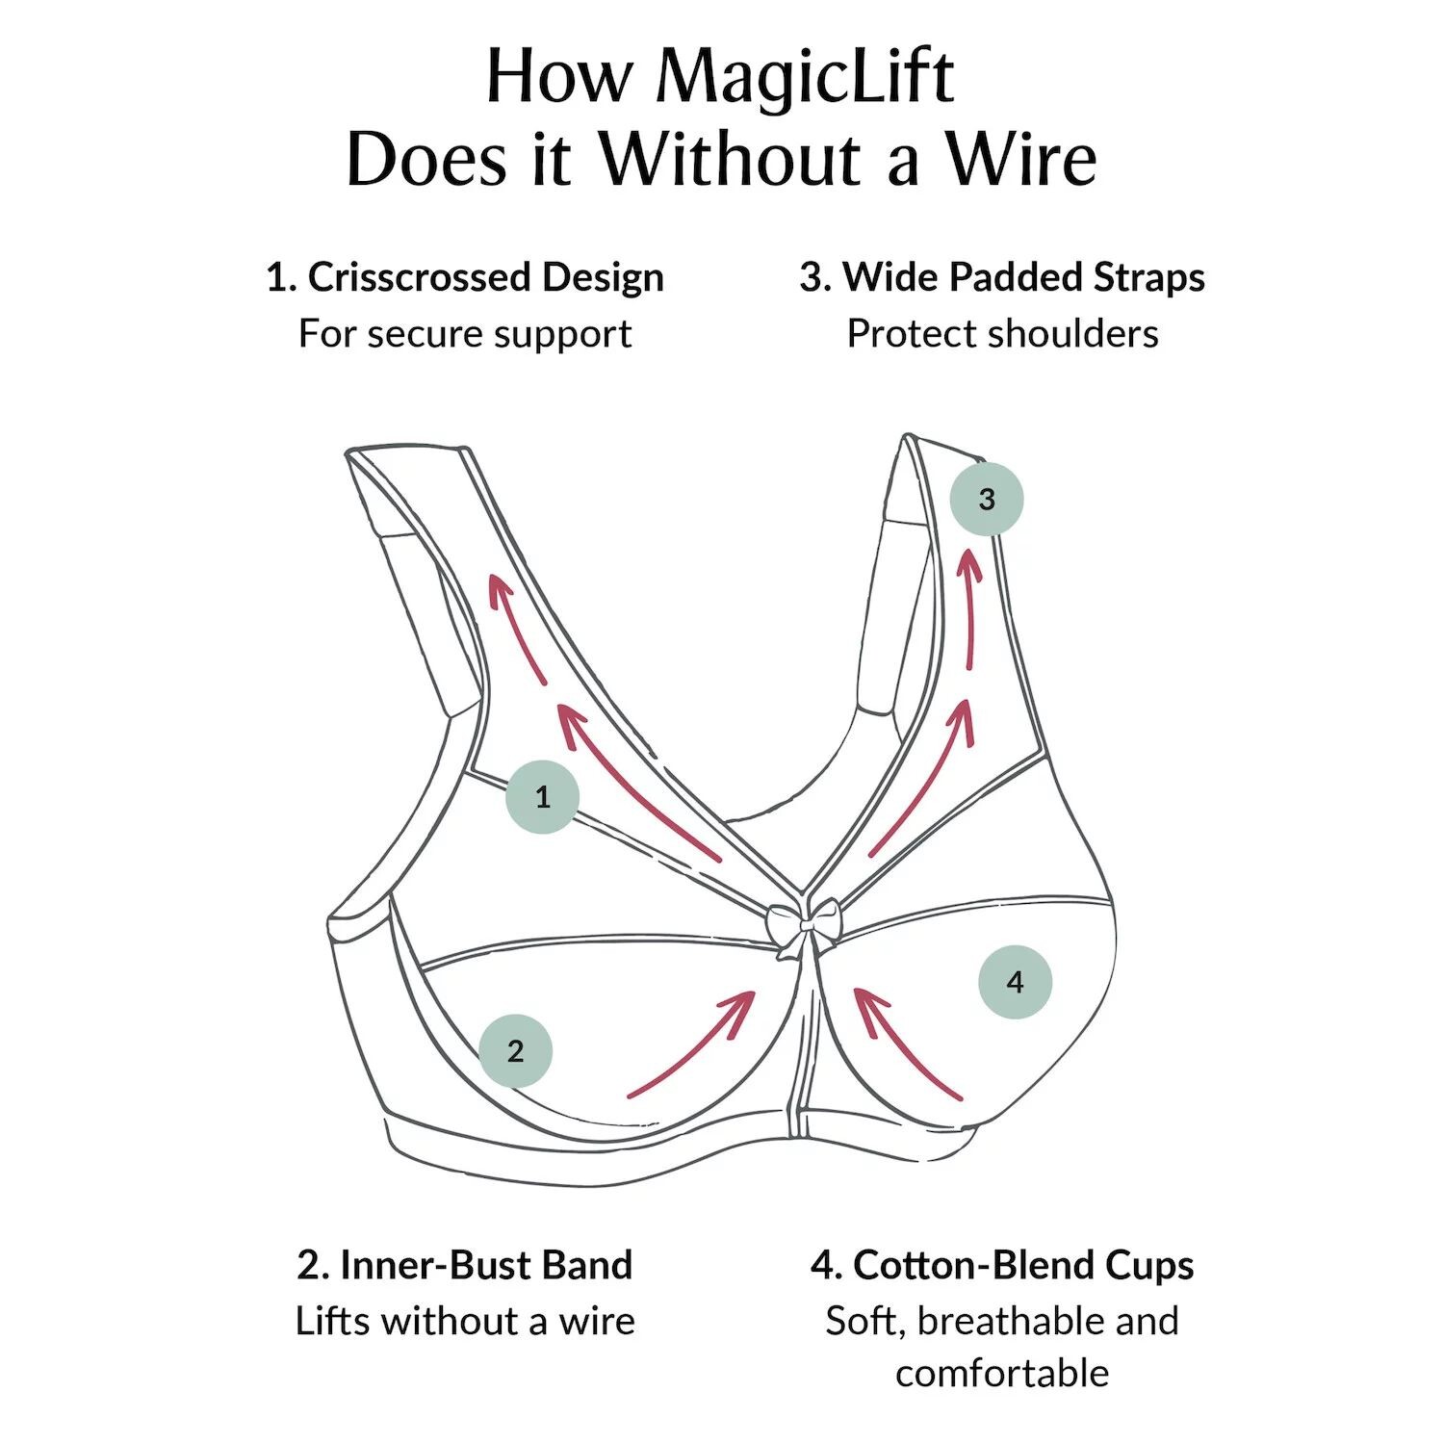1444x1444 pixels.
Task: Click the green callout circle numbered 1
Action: click(x=543, y=796)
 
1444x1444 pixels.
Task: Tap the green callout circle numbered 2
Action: click(x=516, y=1050)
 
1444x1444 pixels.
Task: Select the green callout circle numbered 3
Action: click(x=986, y=499)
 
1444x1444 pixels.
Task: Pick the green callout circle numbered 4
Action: click(x=1015, y=982)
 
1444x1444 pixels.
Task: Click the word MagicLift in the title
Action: click(x=805, y=77)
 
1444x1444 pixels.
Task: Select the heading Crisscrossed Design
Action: click(x=465, y=277)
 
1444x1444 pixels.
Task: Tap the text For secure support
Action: click(x=465, y=334)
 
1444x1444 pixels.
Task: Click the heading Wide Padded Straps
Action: click(x=1002, y=277)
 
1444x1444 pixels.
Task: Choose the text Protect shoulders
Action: click(x=1002, y=334)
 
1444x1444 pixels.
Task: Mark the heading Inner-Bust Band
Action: click(x=465, y=1265)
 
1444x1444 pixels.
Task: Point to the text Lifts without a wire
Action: click(x=465, y=1321)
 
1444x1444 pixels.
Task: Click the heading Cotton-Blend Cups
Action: click(x=1002, y=1265)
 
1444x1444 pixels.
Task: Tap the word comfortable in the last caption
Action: click(x=1002, y=1373)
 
